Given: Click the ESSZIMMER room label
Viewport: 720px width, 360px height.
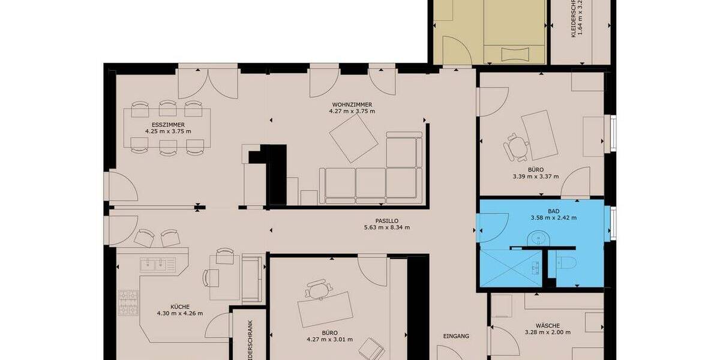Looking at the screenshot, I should (x=168, y=124).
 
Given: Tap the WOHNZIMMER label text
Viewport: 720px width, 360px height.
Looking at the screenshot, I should (x=352, y=104).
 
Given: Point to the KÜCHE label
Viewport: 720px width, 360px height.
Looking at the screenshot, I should (x=179, y=306).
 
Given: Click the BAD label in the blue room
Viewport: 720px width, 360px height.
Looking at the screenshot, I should (x=553, y=211).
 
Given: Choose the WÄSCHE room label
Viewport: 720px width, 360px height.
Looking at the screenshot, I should (x=547, y=326).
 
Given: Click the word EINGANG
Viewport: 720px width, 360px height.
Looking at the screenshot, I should (x=456, y=336).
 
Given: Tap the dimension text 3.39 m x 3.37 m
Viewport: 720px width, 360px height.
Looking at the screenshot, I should (x=535, y=176).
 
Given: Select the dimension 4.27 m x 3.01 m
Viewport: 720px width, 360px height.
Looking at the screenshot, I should (x=329, y=340).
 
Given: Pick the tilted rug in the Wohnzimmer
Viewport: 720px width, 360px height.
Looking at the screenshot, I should (x=352, y=137).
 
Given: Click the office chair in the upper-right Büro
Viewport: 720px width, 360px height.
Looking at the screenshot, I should (x=515, y=146).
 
